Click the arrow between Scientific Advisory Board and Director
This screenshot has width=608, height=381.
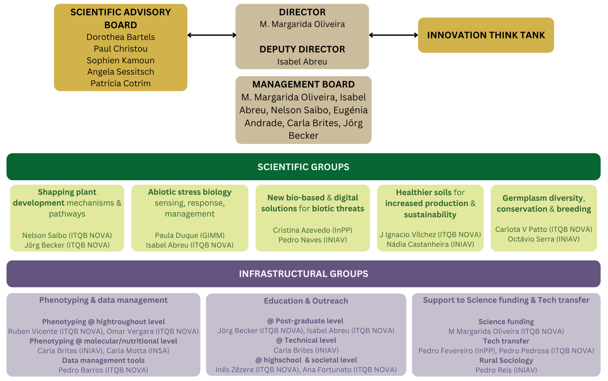pos(212,35)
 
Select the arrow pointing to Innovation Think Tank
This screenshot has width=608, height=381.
pos(393,35)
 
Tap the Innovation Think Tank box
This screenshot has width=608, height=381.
pos(486,35)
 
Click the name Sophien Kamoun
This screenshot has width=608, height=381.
pos(121,60)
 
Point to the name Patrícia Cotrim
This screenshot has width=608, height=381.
pos(121,83)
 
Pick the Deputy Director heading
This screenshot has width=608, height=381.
pos(302,49)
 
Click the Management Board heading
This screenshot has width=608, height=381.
pos(304,84)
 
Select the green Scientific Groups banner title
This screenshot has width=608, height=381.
pos(304,167)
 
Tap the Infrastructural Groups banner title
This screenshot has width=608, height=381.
pos(304,273)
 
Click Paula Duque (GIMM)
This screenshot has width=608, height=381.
pos(190,235)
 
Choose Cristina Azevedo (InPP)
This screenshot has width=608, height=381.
pos(313,230)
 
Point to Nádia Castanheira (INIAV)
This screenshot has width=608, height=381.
pos(430,244)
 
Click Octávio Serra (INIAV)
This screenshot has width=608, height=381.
pos(543,239)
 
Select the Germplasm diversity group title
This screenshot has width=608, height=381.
pos(543,204)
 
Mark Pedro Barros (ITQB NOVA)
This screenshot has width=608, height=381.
pos(103,370)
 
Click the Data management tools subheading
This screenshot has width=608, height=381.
pos(103,360)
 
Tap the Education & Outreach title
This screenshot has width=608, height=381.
pos(306,301)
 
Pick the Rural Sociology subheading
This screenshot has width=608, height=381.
pos(506,360)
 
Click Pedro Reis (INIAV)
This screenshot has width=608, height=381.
pos(506,370)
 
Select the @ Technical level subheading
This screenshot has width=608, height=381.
pos(306,340)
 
